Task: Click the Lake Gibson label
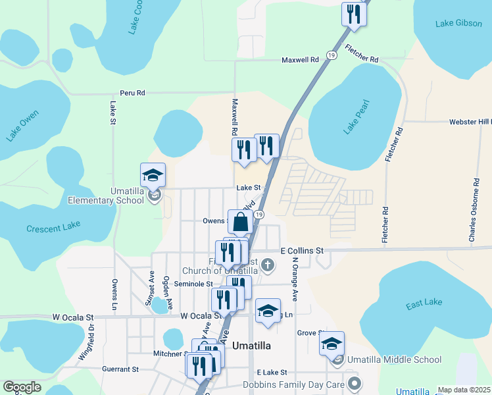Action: tap(458, 24)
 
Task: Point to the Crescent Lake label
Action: tap(53, 228)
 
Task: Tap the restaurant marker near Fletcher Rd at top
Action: tap(354, 14)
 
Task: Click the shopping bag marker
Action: tap(241, 222)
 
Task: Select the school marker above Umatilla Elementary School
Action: tap(153, 175)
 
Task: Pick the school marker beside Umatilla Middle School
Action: tap(332, 344)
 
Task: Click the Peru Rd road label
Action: tap(132, 93)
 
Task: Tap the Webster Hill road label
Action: tap(470, 122)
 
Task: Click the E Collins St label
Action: tap(303, 251)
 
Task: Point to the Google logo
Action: tap(22, 387)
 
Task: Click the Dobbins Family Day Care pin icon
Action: tap(356, 382)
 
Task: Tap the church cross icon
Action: tap(266, 265)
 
